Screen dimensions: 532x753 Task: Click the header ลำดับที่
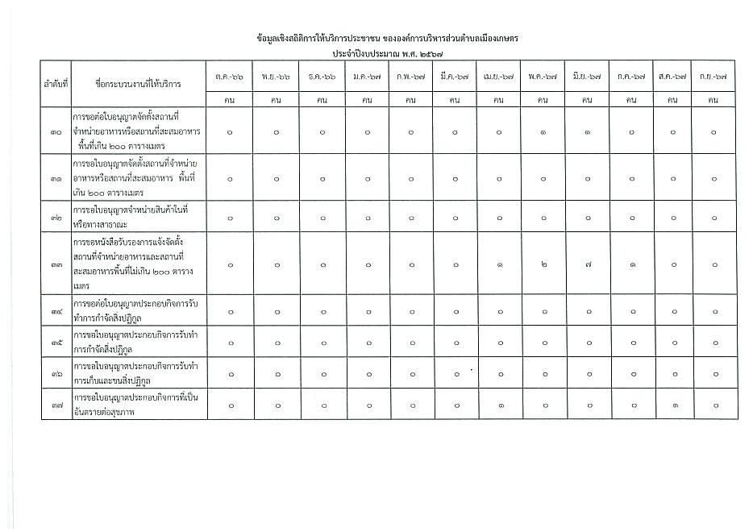pos(55,84)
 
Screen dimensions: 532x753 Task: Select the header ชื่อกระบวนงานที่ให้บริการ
pos(138,84)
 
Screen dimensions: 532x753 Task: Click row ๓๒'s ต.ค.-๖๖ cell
pos(230,217)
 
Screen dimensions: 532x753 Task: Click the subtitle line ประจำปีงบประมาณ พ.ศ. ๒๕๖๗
pos(376,53)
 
